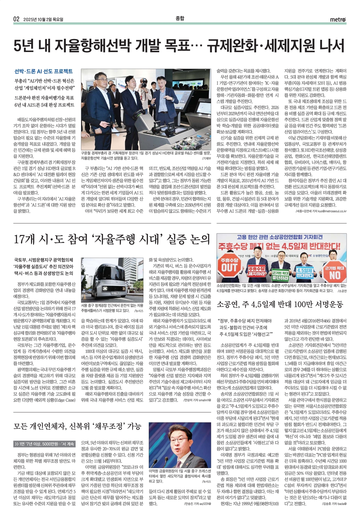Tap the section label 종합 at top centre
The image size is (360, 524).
tap(180, 18)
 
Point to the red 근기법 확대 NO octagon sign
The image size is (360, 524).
tap(335, 271)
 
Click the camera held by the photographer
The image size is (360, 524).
tap(143, 84)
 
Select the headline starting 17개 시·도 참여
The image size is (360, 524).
tap(111, 239)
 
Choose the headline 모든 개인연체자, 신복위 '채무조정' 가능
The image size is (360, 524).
tap(77, 426)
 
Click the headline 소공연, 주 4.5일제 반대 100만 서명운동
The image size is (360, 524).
tap(280, 304)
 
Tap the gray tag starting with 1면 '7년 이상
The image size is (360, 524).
tap(44, 444)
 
